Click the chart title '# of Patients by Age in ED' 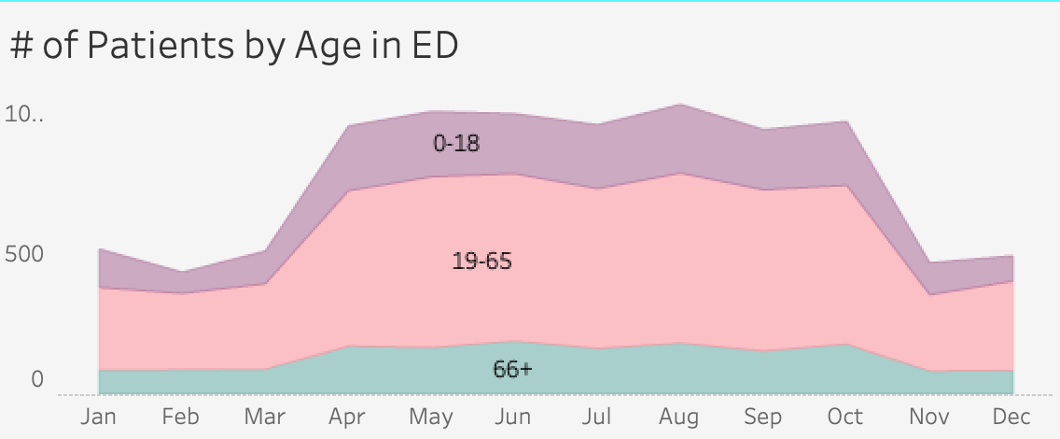[x=234, y=47]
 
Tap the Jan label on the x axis [x=98, y=417]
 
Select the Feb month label [x=181, y=417]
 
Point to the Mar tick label [x=264, y=417]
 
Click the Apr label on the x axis [x=347, y=417]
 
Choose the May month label [x=431, y=418]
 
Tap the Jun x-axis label [x=514, y=417]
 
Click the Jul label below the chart [x=597, y=417]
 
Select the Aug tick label [x=680, y=418]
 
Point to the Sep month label [x=763, y=418]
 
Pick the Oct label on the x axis [x=846, y=417]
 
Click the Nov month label [x=929, y=417]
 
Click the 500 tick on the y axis [x=24, y=254]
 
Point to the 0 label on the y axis [x=37, y=379]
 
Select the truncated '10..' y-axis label [x=24, y=115]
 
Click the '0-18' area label [x=456, y=144]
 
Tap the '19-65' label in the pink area [x=481, y=262]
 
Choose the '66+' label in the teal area [x=512, y=370]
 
